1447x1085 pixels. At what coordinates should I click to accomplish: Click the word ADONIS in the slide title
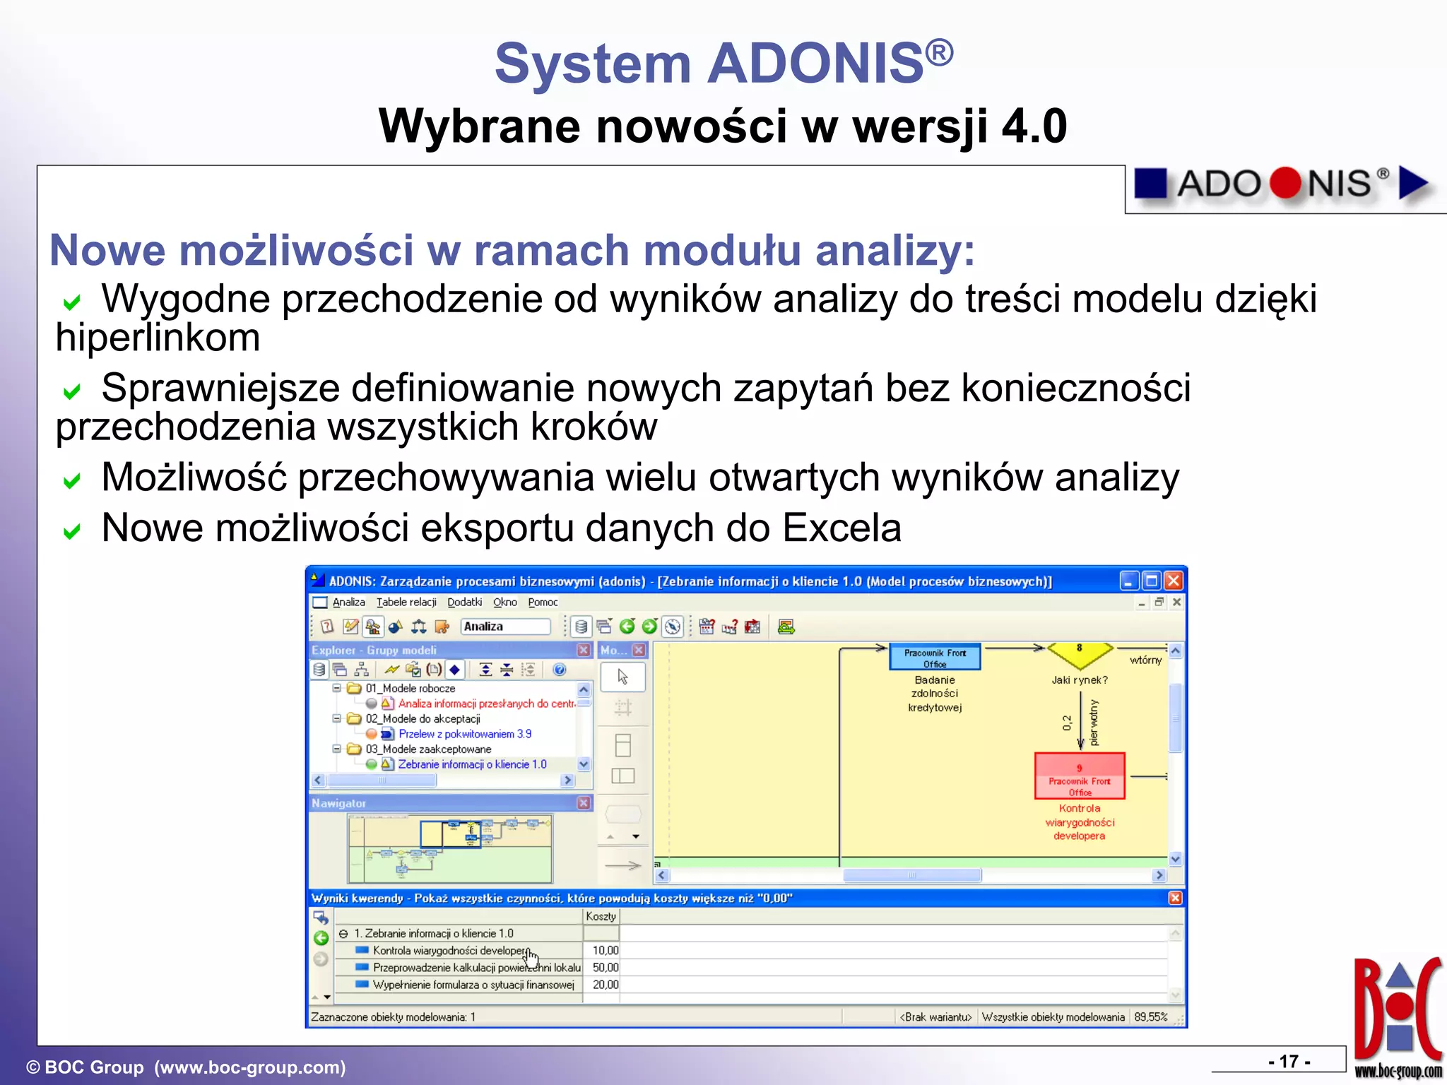coord(816,64)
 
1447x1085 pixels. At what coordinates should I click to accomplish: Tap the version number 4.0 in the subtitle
coord(1034,126)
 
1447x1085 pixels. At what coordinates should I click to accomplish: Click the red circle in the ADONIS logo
coord(1284,183)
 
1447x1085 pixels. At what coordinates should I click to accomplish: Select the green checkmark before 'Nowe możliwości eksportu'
coord(71,531)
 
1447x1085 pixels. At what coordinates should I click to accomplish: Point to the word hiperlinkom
coord(158,338)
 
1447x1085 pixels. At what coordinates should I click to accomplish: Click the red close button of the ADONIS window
coord(1174,581)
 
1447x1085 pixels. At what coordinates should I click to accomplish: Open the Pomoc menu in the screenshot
coord(543,603)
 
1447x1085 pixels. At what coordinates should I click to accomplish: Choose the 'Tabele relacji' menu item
coord(406,603)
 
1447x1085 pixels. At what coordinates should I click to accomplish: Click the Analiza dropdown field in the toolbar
coord(504,627)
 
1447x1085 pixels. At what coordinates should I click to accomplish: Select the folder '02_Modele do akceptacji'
coord(422,718)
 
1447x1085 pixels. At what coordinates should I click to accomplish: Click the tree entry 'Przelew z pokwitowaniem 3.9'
coord(465,734)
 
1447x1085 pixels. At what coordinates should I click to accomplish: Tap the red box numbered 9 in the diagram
coord(1079,776)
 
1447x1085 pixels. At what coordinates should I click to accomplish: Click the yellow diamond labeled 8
coord(1079,654)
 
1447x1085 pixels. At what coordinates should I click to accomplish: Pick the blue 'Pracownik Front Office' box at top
coord(935,657)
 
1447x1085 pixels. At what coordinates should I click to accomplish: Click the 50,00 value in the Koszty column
coord(605,968)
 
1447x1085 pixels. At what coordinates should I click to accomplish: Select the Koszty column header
coord(601,916)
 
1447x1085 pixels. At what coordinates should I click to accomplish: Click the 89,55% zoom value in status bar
coord(1150,1017)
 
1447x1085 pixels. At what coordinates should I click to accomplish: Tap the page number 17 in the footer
coord(1289,1061)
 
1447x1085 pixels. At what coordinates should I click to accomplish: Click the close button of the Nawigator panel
coord(584,803)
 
